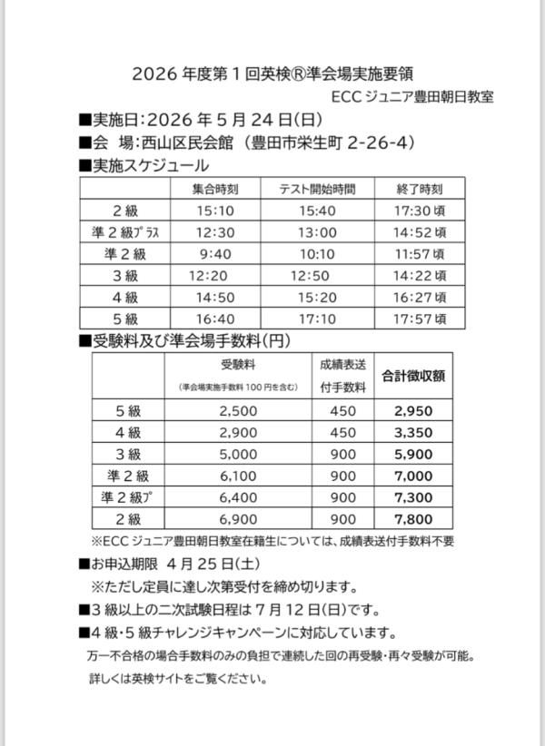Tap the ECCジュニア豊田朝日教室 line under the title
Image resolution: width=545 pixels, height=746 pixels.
coord(412,96)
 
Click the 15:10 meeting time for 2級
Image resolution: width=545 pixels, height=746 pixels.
coord(215,211)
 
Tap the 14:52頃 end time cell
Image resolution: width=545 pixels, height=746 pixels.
coord(420,232)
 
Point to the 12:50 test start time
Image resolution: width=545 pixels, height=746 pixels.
coord(309,276)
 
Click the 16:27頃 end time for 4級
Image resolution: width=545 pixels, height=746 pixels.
coord(420,297)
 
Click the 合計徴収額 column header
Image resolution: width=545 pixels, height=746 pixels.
coord(412,374)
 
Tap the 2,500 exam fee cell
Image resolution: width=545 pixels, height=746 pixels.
coord(239,410)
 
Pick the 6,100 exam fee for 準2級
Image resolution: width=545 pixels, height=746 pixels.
coord(239,476)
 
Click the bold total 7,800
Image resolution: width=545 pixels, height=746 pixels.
coord(413,519)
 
